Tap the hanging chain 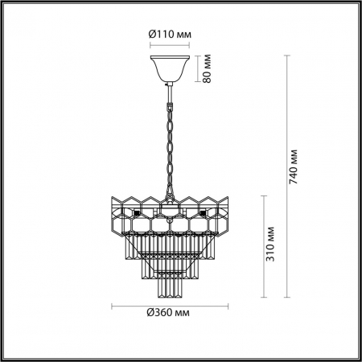coord(170,145)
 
